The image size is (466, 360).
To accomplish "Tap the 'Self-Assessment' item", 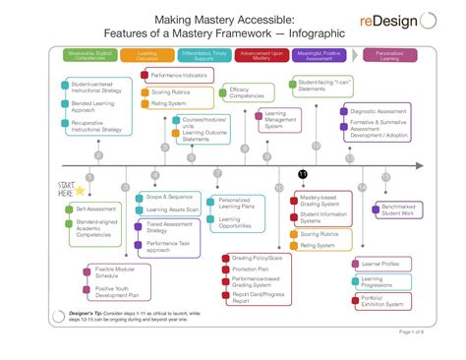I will click(94, 210).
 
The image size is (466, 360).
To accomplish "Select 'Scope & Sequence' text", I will click(169, 198).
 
